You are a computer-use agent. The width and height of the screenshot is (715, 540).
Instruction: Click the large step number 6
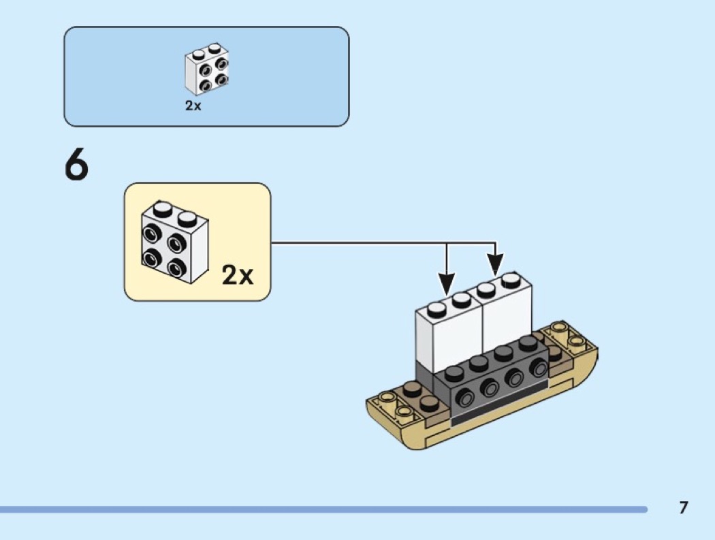pos(76,165)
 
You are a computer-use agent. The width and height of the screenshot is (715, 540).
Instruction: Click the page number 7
pos(683,507)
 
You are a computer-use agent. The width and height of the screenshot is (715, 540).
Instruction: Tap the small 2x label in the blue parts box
pos(193,106)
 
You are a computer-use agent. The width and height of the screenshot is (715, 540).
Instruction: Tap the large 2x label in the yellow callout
pos(237,275)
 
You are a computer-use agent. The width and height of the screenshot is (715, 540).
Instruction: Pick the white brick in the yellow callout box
pos(174,242)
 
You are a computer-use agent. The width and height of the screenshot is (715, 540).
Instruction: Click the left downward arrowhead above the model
pos(447,283)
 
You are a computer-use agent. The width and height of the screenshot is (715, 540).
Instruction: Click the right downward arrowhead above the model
pos(496,264)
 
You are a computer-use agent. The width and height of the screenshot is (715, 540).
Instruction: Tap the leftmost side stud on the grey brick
pos(465,399)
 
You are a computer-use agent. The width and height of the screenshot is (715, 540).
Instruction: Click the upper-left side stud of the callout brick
pos(150,234)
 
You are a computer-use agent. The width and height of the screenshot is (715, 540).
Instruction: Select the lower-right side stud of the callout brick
pos(176,268)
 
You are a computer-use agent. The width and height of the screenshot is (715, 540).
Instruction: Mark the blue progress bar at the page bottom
pos(323,509)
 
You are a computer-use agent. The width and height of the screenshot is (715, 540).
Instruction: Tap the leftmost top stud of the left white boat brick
pos(436,308)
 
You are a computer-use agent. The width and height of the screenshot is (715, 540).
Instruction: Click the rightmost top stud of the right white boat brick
pos(511,280)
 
